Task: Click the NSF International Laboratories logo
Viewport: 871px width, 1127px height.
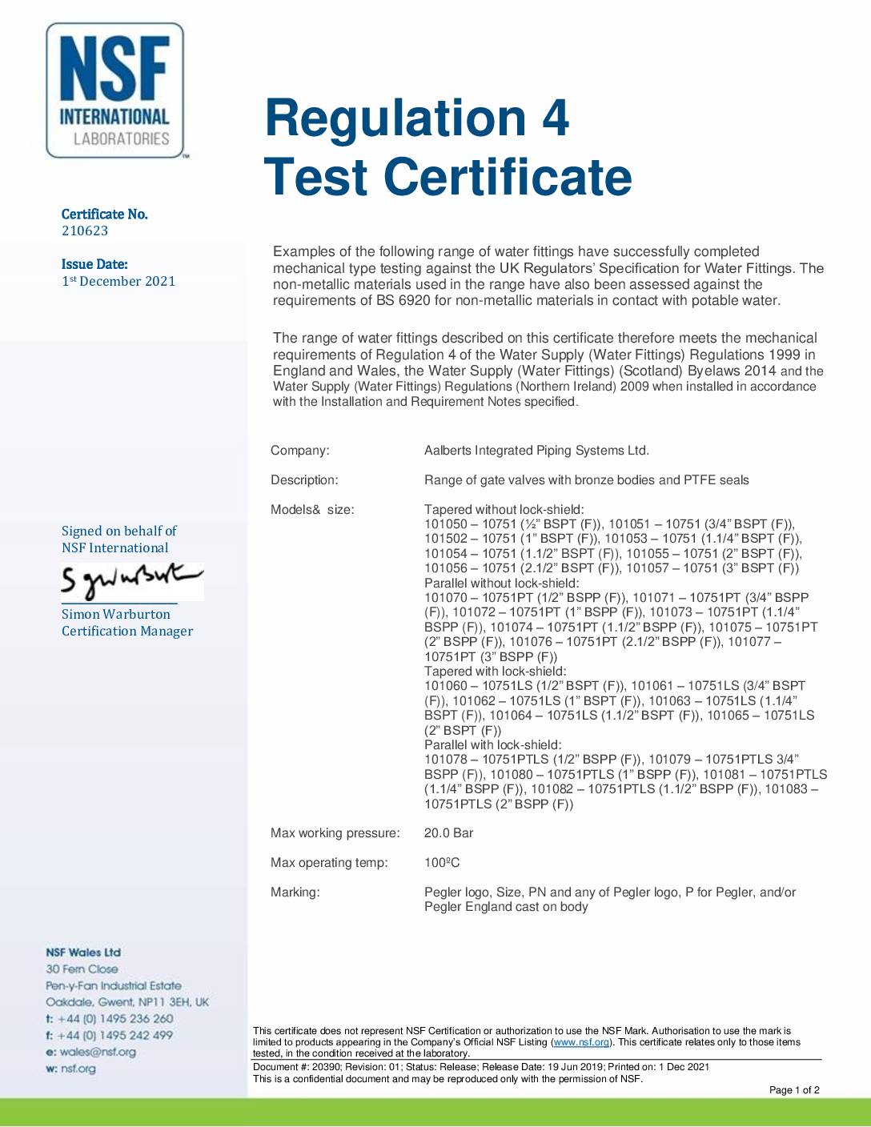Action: coord(115,90)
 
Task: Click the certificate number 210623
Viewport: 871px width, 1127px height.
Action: coord(85,231)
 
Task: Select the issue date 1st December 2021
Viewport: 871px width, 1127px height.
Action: coord(118,281)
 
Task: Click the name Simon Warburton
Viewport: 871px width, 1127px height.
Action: coord(116,614)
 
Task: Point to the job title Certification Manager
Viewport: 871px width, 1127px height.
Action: coord(127,631)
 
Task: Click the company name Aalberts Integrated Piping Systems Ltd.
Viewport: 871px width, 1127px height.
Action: coord(536,451)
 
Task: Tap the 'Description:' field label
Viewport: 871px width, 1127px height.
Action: coord(304,480)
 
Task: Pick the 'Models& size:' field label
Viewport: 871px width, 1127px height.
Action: coord(312,510)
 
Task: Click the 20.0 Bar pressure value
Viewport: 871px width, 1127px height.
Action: coord(448,833)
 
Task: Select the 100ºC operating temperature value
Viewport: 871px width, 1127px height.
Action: coord(442,863)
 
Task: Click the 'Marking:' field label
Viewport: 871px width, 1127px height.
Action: coord(295,892)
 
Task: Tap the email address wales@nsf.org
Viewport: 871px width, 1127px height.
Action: coord(98,1052)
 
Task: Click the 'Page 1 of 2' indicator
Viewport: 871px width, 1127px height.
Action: coord(794,1090)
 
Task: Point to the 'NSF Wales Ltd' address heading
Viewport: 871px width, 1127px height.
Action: coord(83,953)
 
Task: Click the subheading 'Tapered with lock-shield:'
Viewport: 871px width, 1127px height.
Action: coord(495,671)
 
